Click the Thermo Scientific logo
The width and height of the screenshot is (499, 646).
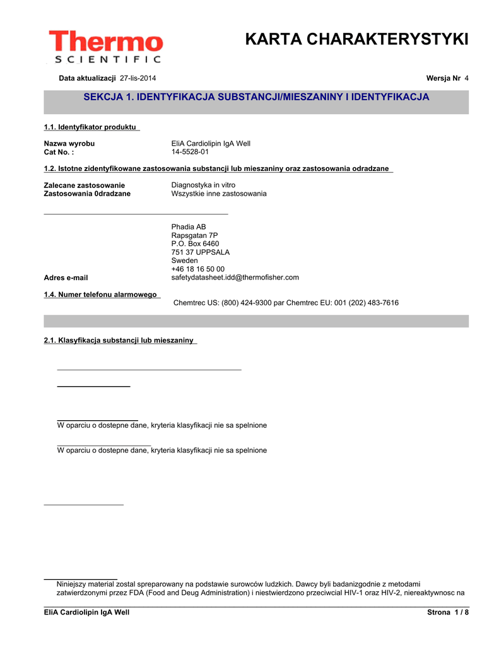click(x=105, y=47)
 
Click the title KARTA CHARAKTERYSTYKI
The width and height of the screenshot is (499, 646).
click(x=356, y=40)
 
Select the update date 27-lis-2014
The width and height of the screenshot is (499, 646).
click(x=138, y=78)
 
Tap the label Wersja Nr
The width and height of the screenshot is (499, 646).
click(x=443, y=78)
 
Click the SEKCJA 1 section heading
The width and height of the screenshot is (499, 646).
click(x=256, y=97)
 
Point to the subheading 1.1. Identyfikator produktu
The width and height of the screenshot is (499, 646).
click(x=91, y=127)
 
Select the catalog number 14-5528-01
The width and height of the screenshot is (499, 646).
click(x=190, y=152)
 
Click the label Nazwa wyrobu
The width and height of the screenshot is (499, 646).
click(x=69, y=144)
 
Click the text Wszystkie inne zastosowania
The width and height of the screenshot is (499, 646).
click(x=219, y=194)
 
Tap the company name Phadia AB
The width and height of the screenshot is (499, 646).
click(x=189, y=227)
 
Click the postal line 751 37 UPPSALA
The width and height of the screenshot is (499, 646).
click(x=201, y=252)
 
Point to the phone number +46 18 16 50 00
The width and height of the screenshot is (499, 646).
click(x=197, y=269)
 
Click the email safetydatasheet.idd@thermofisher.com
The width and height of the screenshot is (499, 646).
click(x=235, y=278)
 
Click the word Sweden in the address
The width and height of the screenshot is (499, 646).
click(x=184, y=261)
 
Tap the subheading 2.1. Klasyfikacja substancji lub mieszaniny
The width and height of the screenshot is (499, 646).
click(x=119, y=341)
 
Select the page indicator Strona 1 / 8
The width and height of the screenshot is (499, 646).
click(x=448, y=613)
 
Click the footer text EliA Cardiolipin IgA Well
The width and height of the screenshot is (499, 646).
click(x=86, y=613)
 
